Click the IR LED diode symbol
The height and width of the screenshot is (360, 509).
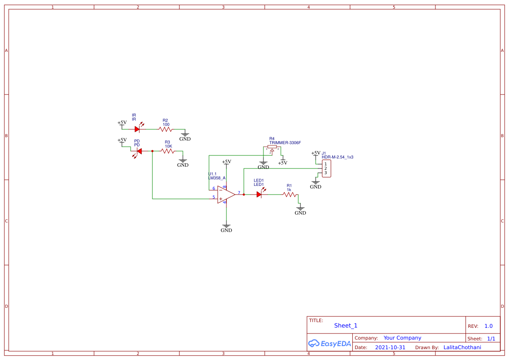[x=138, y=129]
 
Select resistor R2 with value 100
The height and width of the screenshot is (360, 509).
[x=165, y=129]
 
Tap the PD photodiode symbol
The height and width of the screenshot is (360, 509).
[x=139, y=151]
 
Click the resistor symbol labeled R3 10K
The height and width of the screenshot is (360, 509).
[x=168, y=151]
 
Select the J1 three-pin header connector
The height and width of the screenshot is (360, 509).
[x=326, y=168]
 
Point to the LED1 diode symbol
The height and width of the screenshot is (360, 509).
[x=259, y=195]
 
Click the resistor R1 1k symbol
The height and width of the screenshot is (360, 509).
[x=289, y=195]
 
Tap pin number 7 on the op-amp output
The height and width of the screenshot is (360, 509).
[x=239, y=192]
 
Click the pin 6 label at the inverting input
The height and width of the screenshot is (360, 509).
[x=213, y=188]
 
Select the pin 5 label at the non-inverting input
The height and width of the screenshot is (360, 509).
[x=213, y=197]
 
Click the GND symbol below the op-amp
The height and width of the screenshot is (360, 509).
[x=226, y=228]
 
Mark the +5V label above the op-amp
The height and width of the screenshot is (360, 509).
[x=226, y=161]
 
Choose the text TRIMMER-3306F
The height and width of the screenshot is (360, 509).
[x=285, y=143]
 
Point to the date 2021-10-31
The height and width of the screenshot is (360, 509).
[x=390, y=347]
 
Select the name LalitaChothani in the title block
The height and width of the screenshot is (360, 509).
[x=462, y=347]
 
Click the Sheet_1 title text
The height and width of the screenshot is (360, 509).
[x=346, y=326]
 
